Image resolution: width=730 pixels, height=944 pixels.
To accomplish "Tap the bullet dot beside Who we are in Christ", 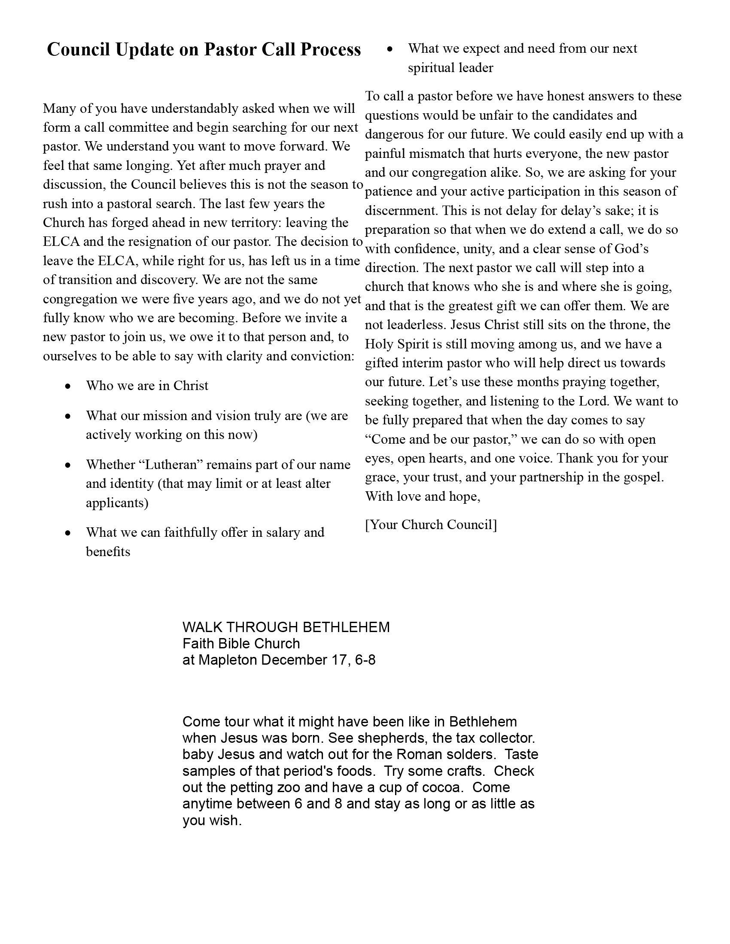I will pyautogui.click(x=67, y=386).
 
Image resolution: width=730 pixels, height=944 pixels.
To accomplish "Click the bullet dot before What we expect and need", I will pyautogui.click(x=389, y=49).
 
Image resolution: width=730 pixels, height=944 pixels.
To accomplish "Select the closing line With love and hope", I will pyautogui.click(x=423, y=496).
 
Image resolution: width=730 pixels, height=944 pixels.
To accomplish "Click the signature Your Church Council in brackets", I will pyautogui.click(x=431, y=524).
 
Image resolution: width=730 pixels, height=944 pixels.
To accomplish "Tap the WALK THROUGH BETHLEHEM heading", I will pyautogui.click(x=286, y=627).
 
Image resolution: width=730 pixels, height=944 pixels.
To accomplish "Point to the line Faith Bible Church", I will pyautogui.click(x=241, y=644).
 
